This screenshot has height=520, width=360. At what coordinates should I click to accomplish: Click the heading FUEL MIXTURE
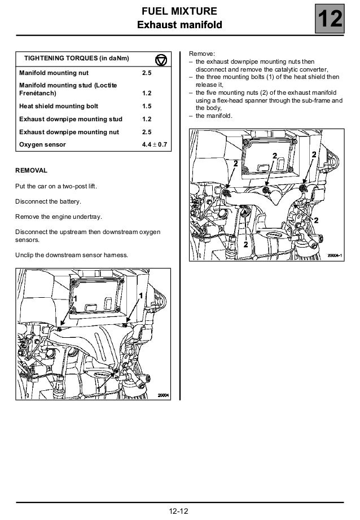pyautogui.click(x=180, y=11)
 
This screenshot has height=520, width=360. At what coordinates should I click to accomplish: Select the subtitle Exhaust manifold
pyautogui.click(x=180, y=24)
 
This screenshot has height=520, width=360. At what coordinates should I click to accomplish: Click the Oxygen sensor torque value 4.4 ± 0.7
pyautogui.click(x=158, y=145)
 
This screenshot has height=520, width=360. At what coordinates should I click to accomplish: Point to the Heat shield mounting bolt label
pyautogui.click(x=59, y=106)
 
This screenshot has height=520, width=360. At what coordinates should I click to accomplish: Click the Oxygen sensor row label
pyautogui.click(x=42, y=145)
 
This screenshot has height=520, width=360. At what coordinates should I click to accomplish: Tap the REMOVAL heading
pyautogui.click(x=31, y=170)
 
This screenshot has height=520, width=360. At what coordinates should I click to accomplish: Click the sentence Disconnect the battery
pyautogui.click(x=49, y=201)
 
